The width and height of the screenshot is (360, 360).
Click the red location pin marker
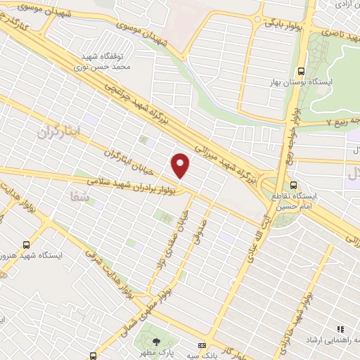tap(181, 166)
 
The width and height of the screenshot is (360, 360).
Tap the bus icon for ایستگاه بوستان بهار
tap(301, 71)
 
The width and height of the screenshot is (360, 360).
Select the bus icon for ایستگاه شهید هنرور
tap(26, 245)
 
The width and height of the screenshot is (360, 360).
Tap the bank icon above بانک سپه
tap(202, 346)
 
